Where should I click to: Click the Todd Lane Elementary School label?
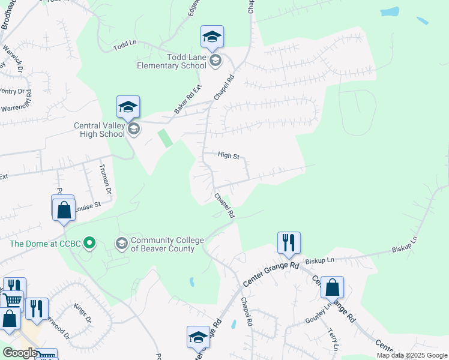tap(171, 61)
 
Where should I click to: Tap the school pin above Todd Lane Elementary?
tap(212, 38)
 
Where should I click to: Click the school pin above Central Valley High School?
tap(128, 107)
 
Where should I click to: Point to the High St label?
tap(229, 155)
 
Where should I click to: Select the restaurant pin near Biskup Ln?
tap(289, 243)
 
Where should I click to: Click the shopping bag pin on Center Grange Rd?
tap(332, 288)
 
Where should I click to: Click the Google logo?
tap(20, 353)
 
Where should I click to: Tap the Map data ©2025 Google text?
tap(412, 355)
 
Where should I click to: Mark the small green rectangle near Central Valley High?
tap(164, 138)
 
